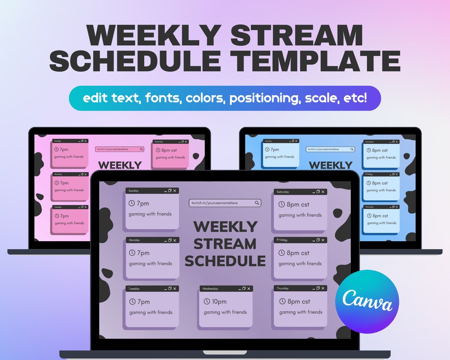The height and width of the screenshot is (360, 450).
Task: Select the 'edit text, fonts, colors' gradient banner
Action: (x=225, y=98)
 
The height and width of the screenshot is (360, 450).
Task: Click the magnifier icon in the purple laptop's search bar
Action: (x=257, y=203)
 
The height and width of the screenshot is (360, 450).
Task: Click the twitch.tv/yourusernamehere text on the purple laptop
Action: (x=215, y=203)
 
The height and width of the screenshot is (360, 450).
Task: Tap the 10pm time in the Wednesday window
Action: (x=219, y=302)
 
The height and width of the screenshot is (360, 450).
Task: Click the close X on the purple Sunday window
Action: (x=175, y=191)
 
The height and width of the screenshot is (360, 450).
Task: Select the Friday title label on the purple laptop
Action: (x=282, y=240)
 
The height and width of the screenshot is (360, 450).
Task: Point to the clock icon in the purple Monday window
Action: (x=132, y=253)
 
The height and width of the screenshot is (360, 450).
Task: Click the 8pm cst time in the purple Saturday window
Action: (x=298, y=205)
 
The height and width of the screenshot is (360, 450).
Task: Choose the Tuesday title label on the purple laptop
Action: (x=134, y=288)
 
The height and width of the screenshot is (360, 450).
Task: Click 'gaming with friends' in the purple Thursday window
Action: (x=300, y=312)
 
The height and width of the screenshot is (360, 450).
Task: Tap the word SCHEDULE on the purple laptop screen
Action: (x=225, y=261)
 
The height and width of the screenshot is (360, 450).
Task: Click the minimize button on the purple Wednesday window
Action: (x=239, y=289)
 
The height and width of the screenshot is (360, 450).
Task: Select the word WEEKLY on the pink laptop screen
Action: (x=120, y=165)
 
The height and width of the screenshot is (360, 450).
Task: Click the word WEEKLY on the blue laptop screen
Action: (x=331, y=165)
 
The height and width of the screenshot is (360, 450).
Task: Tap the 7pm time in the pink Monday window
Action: (x=64, y=183)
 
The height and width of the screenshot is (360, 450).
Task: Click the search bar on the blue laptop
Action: (x=330, y=149)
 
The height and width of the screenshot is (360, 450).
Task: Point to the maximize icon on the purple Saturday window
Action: (x=318, y=192)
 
